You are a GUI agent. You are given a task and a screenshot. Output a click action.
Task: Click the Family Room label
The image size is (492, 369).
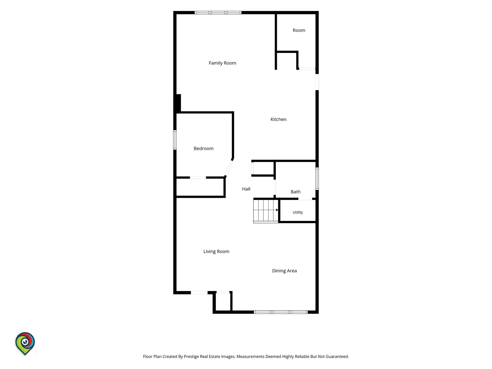tap(222, 63)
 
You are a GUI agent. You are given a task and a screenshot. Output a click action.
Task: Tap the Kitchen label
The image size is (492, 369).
tap(278, 119)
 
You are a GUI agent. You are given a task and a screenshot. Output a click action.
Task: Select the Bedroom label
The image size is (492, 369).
tap(203, 148)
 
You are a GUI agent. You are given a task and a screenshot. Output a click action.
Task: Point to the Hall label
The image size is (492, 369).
tap(246, 189)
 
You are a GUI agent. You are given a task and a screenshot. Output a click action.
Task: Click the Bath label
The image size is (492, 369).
tap(295, 192)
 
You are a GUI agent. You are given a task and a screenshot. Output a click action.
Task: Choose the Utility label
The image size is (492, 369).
tap(298, 213)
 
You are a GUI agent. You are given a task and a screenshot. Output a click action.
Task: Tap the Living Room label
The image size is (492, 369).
tap(216, 251)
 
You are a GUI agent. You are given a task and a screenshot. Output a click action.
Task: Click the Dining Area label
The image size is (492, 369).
tap(284, 271)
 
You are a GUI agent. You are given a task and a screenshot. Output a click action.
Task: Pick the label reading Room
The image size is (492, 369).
tap(299, 30)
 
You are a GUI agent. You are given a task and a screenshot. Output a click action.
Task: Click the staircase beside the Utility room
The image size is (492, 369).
tap(265, 211)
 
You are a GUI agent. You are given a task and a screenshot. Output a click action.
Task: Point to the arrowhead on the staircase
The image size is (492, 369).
tap(277, 210)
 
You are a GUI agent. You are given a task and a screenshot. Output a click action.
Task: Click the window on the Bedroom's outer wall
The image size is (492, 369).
tap(175, 140)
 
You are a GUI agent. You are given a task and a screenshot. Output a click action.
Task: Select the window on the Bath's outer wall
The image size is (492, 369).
tap(317, 179)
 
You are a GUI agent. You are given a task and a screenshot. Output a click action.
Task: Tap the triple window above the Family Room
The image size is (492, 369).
tap(218, 13)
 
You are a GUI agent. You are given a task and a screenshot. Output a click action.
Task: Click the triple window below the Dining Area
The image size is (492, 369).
tap(281, 312)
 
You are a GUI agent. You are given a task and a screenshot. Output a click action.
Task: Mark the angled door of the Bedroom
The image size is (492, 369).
tap(229, 168)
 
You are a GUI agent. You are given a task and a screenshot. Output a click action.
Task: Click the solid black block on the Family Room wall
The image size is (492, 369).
tap(178, 103)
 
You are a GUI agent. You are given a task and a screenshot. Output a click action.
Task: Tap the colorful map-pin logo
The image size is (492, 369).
tap(25, 344)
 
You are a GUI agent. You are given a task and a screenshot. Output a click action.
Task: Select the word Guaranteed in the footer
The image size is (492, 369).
tap(337, 356)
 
